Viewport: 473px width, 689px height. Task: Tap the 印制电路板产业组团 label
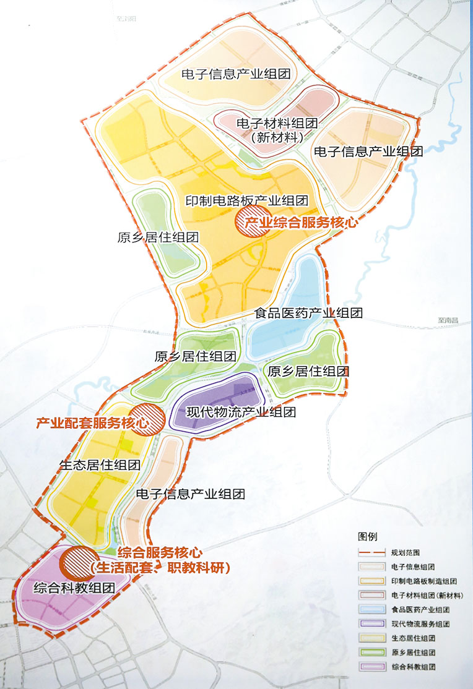pos(247,200)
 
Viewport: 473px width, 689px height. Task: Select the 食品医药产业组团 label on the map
pos(308,313)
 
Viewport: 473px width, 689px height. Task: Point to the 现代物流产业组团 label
pos(241,412)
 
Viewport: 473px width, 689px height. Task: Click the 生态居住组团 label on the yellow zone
pos(99,465)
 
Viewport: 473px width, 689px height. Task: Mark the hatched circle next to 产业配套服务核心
pos(149,417)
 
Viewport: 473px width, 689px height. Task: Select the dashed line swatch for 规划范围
pos(371,552)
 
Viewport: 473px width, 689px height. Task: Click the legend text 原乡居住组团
pos(413,653)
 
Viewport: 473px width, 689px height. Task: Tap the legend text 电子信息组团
pos(412,567)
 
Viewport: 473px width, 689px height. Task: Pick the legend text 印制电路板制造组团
pos(424,581)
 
